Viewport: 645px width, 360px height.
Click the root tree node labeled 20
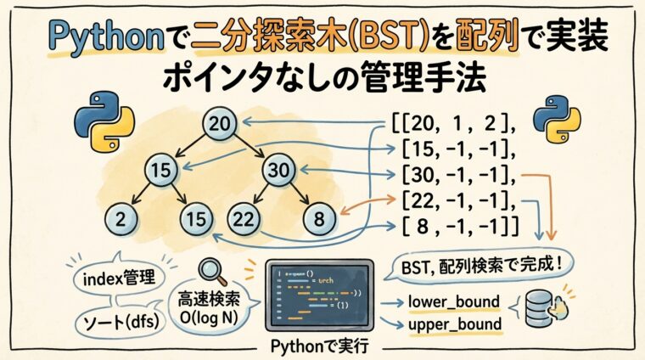(x=219, y=125)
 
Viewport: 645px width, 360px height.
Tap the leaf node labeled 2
(x=122, y=220)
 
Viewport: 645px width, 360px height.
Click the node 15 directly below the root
(x=160, y=170)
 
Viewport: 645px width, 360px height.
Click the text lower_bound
(x=453, y=301)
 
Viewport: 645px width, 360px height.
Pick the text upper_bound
(x=453, y=324)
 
